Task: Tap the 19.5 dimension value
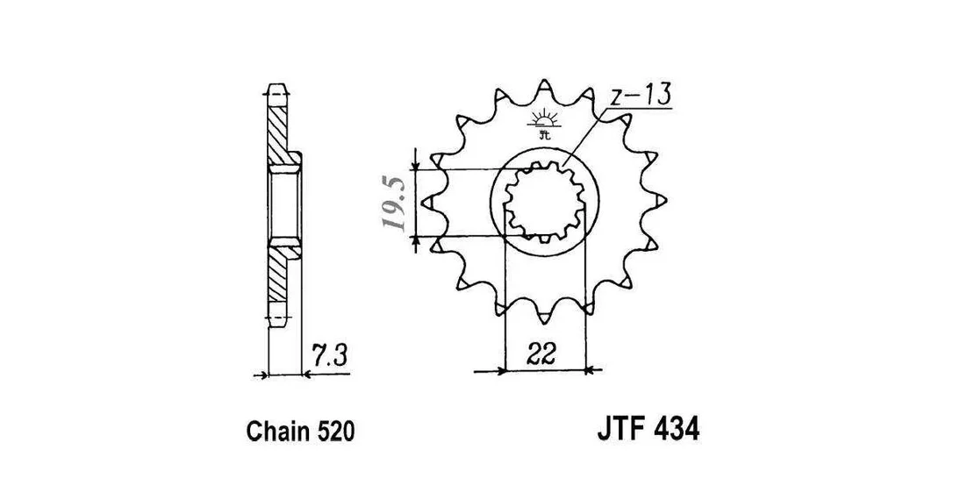pos(394,204)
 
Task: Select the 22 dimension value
pos(542,354)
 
